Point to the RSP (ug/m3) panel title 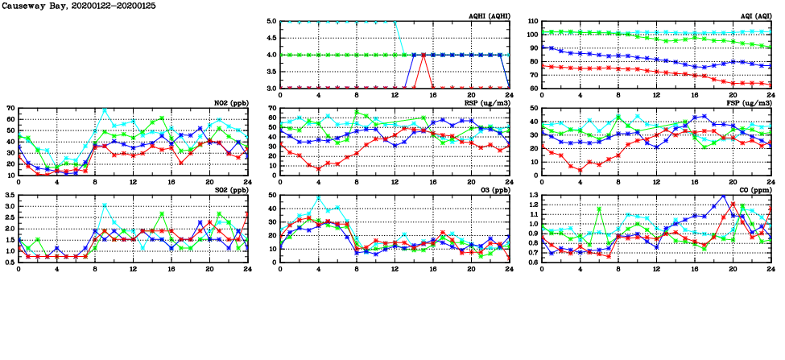tap(488, 103)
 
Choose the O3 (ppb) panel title tap(493, 190)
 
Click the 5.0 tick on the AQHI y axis tap(271, 22)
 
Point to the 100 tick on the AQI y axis tap(532, 35)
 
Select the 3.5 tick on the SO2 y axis tap(10, 196)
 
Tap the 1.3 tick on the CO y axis tap(533, 196)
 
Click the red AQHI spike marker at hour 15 tap(423, 55)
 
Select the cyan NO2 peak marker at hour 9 tap(105, 110)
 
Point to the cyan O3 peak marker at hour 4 tap(318, 197)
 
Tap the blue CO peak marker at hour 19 tap(723, 196)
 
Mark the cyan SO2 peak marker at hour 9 tap(105, 205)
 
